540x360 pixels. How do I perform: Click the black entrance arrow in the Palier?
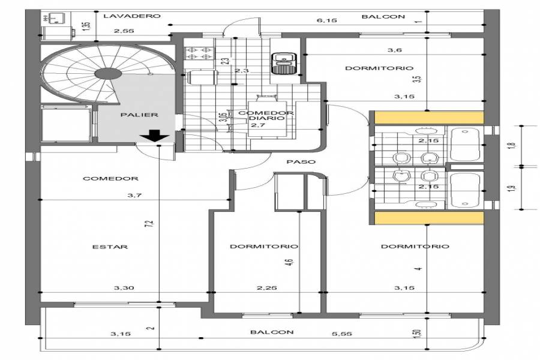pyautogui.click(x=154, y=136)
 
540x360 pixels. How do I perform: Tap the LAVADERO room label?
pyautogui.click(x=132, y=16)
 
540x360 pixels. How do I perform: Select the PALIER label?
pyautogui.click(x=139, y=115)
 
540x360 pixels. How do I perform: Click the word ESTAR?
pyautogui.click(x=110, y=247)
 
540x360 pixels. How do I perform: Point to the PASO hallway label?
pyautogui.click(x=301, y=161)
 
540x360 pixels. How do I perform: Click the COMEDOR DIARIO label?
pyautogui.click(x=266, y=115)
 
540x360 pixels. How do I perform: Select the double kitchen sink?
pyautogui.click(x=282, y=63)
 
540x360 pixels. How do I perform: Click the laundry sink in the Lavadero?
pyautogui.click(x=55, y=17)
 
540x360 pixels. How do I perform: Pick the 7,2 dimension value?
pyautogui.click(x=149, y=224)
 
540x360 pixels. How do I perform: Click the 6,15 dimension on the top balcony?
pyautogui.click(x=326, y=20)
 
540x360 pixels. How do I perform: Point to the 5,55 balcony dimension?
pyautogui.click(x=342, y=334)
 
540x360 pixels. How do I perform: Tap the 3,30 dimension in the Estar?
pyautogui.click(x=124, y=288)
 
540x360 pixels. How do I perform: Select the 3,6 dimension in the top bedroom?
pyautogui.click(x=394, y=50)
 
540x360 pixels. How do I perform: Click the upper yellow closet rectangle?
pyautogui.click(x=429, y=118)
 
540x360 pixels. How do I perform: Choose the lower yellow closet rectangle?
pyautogui.click(x=429, y=218)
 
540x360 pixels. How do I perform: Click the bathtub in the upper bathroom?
pyautogui.click(x=464, y=145)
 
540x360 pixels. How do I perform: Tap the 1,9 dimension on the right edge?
pyautogui.click(x=513, y=188)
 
